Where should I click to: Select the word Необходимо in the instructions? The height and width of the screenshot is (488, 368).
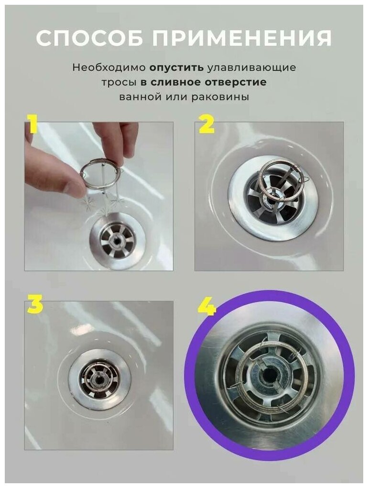click(x=109, y=67)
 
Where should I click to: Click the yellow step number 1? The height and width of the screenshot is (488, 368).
click(x=32, y=125)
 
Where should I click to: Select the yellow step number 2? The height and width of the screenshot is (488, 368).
click(x=206, y=125)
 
